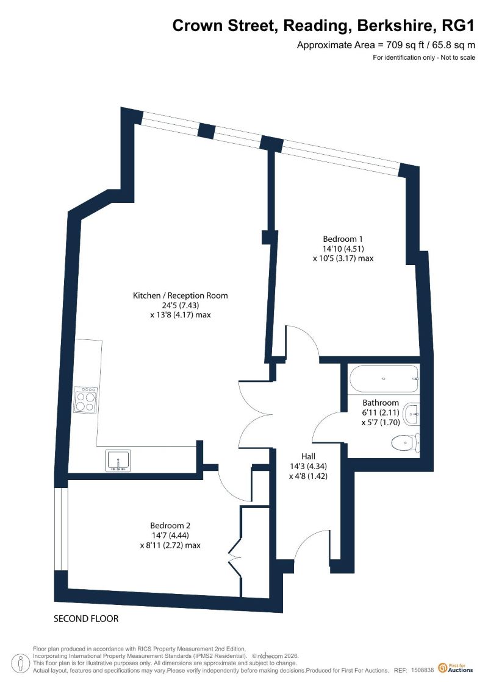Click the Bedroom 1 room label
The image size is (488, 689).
[343, 239]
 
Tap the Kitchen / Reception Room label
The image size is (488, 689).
[181, 295]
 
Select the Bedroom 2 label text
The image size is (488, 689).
[170, 526]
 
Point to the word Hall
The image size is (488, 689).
[308, 456]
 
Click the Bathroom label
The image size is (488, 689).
[381, 403]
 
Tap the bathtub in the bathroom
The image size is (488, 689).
[384, 379]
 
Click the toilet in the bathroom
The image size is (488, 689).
[405, 442]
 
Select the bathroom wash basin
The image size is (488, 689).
[412, 414]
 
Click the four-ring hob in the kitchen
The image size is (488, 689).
[86, 400]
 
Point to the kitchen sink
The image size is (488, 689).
[118, 461]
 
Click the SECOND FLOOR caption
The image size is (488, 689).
[86, 619]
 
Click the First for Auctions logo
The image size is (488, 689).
[456, 668]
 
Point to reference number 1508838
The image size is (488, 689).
[423, 671]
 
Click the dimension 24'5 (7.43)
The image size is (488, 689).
[181, 305]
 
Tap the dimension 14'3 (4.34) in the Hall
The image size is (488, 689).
[308, 466]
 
